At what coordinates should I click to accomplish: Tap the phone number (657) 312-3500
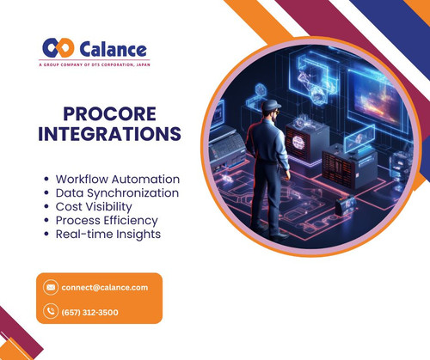(x=89, y=312)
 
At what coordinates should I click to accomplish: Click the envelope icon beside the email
(x=51, y=287)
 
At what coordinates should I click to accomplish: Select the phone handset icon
(x=51, y=312)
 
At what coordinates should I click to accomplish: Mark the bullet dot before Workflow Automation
(x=46, y=180)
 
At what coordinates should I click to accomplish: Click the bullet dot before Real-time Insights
(x=46, y=235)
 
